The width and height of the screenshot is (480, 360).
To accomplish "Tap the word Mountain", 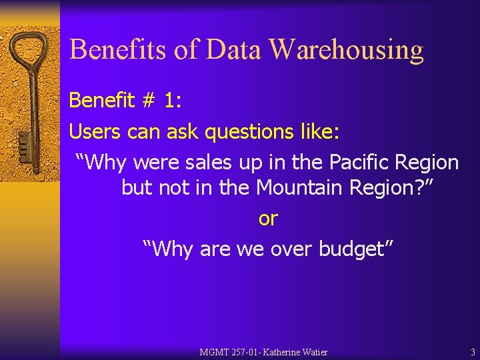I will [297, 188].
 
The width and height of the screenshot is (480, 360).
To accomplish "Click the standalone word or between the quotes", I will [268, 219].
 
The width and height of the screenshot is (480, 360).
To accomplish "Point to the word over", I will [293, 249].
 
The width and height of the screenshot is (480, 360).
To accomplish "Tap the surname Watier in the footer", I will [315, 352].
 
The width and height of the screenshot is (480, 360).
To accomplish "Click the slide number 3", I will [473, 352].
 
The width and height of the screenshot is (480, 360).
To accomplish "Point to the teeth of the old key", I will [22, 144].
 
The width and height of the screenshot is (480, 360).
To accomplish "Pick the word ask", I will [183, 132].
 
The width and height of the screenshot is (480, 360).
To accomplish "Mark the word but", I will [137, 188].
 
